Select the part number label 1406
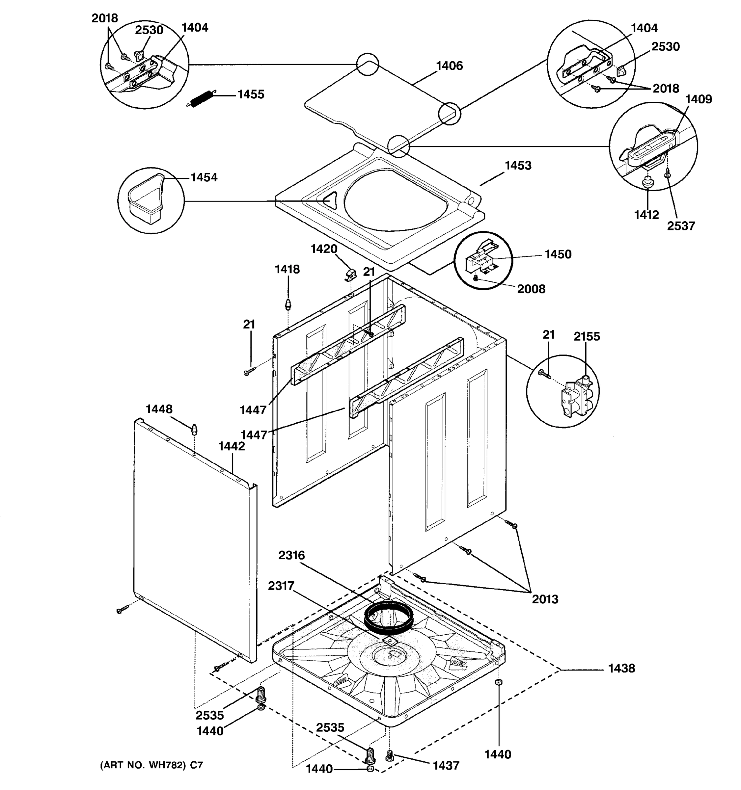click(x=449, y=66)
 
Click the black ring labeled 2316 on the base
click(x=389, y=619)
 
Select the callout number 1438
click(x=621, y=669)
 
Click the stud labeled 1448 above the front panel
click(x=194, y=429)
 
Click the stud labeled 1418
click(x=288, y=305)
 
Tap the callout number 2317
click(x=281, y=586)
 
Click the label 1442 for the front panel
click(x=232, y=446)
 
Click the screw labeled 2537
click(x=668, y=173)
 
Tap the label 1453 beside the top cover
click(x=518, y=165)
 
